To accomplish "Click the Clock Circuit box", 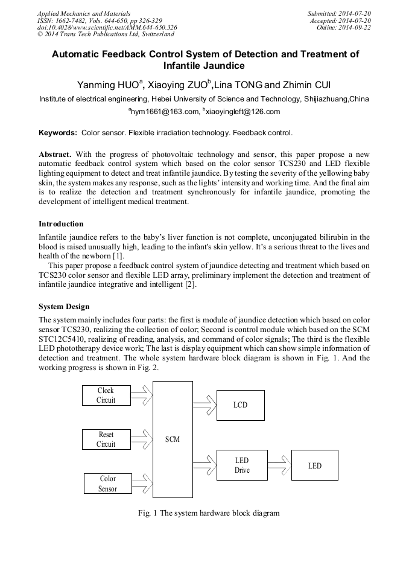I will tap(106, 395).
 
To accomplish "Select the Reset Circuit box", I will tap(106, 440).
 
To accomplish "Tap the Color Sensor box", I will tap(107, 484).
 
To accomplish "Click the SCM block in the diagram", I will tap(173, 440).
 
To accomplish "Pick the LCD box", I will tap(240, 405).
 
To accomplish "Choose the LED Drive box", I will tap(241, 465).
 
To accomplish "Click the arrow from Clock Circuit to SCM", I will tap(142, 395).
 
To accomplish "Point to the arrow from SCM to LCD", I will tap(204, 405).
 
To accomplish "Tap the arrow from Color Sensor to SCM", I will tap(142, 484).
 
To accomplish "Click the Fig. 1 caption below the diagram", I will tap(209, 513).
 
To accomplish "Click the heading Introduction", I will tap(61, 224).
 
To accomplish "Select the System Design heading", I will tap(64, 307).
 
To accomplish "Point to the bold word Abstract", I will tap(55, 154).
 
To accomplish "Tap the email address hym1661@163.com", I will tap(165, 112).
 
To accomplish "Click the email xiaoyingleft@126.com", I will tap(243, 112).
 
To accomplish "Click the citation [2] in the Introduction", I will tap(190, 285).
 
